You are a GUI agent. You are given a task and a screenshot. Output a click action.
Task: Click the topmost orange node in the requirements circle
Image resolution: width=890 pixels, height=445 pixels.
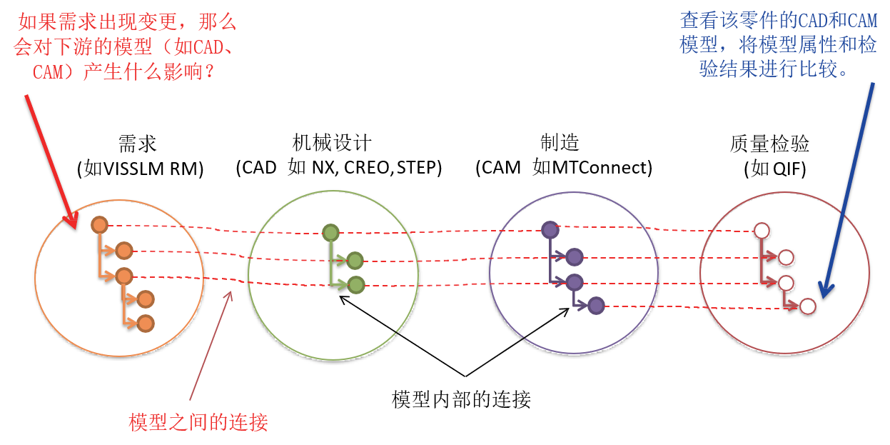(99, 225)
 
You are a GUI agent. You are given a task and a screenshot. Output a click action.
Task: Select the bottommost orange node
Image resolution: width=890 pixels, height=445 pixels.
(146, 324)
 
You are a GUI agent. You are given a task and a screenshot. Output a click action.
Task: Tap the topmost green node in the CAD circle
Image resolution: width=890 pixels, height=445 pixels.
(330, 233)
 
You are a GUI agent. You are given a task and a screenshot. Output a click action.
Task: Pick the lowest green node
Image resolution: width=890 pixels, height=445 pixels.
(356, 285)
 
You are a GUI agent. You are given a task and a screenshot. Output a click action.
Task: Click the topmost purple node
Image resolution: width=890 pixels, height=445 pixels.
(550, 230)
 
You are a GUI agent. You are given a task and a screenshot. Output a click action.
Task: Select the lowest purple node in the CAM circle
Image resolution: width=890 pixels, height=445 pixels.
(596, 306)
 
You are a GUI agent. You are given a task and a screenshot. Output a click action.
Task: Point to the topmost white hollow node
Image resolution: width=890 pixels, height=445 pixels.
(762, 231)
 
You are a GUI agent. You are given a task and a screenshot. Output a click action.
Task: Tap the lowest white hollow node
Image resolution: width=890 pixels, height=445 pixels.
(808, 306)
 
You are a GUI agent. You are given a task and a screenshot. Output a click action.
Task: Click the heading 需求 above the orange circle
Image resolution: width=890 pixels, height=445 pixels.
(138, 144)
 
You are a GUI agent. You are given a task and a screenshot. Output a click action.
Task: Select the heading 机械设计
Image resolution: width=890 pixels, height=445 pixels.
(332, 142)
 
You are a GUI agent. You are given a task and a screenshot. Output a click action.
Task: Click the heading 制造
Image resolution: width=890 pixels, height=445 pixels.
(560, 142)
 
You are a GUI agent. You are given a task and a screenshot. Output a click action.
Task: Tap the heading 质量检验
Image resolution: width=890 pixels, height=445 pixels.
(769, 144)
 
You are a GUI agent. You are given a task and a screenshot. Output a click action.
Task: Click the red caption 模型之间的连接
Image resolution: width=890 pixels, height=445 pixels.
(198, 422)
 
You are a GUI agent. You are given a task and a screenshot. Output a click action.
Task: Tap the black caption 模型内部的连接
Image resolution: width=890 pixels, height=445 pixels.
(461, 399)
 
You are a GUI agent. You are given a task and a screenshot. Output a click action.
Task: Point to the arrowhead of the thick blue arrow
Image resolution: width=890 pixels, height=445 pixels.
(826, 290)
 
